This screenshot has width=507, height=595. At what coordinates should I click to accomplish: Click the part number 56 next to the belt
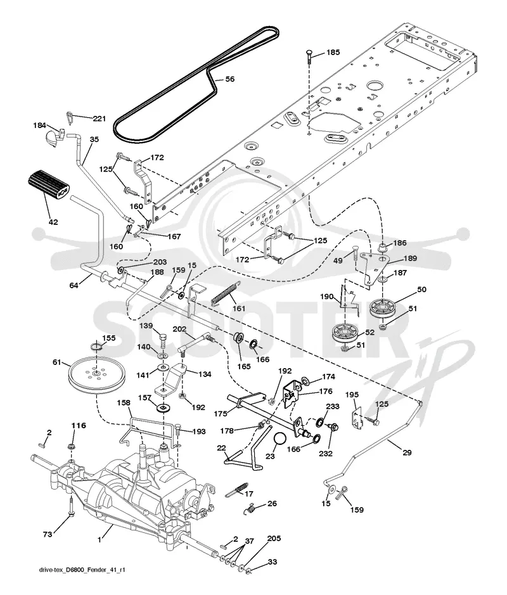pyautogui.click(x=230, y=79)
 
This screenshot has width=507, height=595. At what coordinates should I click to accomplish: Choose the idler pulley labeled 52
pyautogui.click(x=345, y=333)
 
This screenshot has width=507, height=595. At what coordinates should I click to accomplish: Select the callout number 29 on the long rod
pyautogui.click(x=407, y=452)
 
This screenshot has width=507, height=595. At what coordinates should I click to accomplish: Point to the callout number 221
pyautogui.click(x=99, y=118)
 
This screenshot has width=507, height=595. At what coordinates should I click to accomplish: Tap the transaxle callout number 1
pyautogui.click(x=99, y=539)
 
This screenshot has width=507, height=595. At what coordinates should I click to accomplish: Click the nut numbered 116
pyautogui.click(x=70, y=446)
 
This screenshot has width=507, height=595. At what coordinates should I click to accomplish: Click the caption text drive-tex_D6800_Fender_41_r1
pyautogui.click(x=82, y=570)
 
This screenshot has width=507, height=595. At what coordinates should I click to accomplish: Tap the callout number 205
pyautogui.click(x=274, y=539)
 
